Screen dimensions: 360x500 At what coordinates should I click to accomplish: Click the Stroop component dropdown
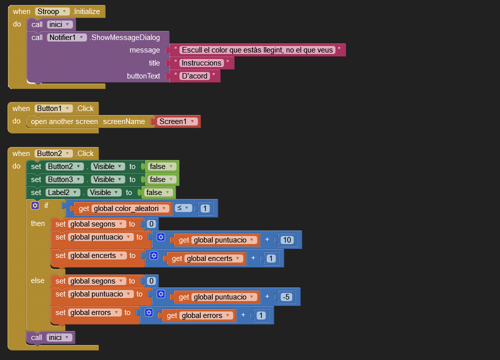pyautogui.click(x=52, y=11)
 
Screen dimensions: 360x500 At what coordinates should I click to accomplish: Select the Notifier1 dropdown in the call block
pyautogui.click(x=67, y=37)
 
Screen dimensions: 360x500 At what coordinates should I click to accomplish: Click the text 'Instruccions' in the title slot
pyautogui.click(x=201, y=63)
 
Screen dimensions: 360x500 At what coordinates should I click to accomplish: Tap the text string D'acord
pyautogui.click(x=194, y=76)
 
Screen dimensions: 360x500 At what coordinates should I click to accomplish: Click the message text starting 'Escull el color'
pyautogui.click(x=257, y=50)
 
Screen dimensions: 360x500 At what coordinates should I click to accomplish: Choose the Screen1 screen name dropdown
pyautogui.click(x=177, y=121)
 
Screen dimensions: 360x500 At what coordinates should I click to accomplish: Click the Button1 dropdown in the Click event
pyautogui.click(x=54, y=108)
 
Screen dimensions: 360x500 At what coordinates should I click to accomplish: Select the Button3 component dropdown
pyautogui.click(x=64, y=179)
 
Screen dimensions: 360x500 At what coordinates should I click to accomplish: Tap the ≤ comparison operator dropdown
pyautogui.click(x=183, y=208)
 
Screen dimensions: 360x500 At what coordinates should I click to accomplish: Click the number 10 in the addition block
pyautogui.click(x=286, y=240)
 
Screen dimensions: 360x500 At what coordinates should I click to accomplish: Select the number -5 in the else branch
pyautogui.click(x=286, y=297)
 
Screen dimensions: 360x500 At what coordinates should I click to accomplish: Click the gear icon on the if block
pyautogui.click(x=34, y=205)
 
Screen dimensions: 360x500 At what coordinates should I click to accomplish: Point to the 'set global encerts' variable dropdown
pyautogui.click(x=94, y=255)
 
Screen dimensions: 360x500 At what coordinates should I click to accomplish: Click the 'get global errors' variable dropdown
pyautogui.click(x=206, y=315)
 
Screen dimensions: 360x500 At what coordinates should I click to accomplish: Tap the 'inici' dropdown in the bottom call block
pyautogui.click(x=59, y=337)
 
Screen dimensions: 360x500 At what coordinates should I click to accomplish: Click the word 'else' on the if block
pyautogui.click(x=37, y=280)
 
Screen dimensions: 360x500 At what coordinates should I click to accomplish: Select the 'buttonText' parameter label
pyautogui.click(x=143, y=76)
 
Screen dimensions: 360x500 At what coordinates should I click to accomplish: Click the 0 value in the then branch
pyautogui.click(x=150, y=224)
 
